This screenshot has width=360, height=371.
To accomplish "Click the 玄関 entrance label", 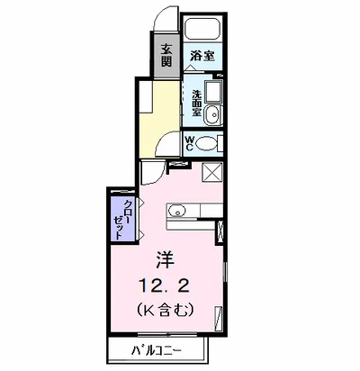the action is click(166, 55).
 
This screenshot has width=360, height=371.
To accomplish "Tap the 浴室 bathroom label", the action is click(202, 56).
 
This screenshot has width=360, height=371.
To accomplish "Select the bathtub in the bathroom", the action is click(202, 29).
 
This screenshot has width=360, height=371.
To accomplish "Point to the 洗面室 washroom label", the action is click(196, 104).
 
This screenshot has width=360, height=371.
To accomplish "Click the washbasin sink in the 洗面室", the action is click(212, 114).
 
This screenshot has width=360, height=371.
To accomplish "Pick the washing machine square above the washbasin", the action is click(213, 91).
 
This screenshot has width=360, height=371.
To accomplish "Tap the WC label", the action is click(189, 143).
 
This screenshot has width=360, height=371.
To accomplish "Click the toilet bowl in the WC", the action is click(207, 143).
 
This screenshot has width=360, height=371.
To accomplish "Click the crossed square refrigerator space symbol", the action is click(212, 172).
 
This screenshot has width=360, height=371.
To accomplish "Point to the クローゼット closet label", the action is click(122, 219).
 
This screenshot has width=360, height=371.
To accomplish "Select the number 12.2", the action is click(164, 285).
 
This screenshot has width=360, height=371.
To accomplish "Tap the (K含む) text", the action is click(165, 311).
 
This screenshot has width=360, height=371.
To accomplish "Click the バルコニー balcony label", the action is click(157, 350).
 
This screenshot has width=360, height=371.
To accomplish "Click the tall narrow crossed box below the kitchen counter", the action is click(220, 231).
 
